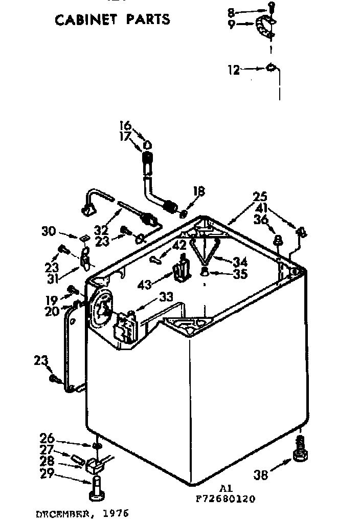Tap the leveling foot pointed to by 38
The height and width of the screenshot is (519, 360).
300,453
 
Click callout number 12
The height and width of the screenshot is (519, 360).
233,70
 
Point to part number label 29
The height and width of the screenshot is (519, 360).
47,474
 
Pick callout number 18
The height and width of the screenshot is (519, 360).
198,191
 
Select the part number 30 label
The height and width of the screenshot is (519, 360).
49,232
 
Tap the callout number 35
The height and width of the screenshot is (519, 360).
239,274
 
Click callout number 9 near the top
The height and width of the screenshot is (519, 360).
232,25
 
